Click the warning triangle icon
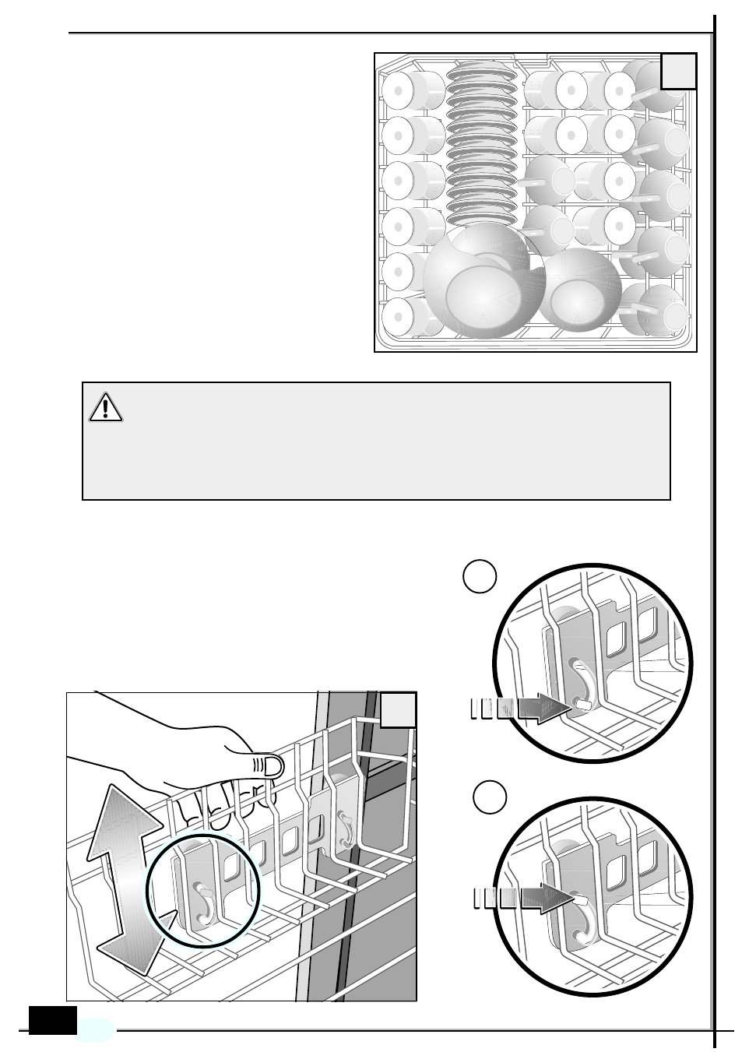[x=106, y=407]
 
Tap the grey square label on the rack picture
[x=678, y=72]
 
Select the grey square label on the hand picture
[x=399, y=711]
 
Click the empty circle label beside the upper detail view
[x=480, y=576]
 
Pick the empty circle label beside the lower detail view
[x=491, y=798]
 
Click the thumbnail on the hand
[x=269, y=766]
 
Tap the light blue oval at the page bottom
[x=96, y=1029]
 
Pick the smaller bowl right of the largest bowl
[x=580, y=290]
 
